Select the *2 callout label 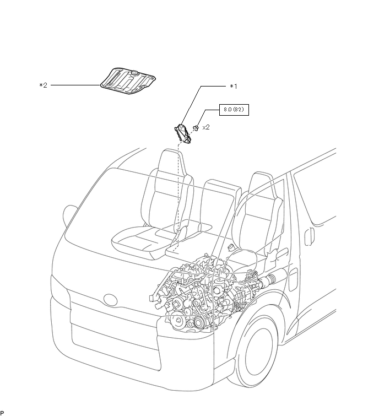[44, 85]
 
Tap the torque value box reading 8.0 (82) [234, 110]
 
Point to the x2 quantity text [206, 127]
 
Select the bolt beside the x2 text [196, 128]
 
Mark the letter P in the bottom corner [2, 413]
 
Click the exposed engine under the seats [204, 292]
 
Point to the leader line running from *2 [74, 85]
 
